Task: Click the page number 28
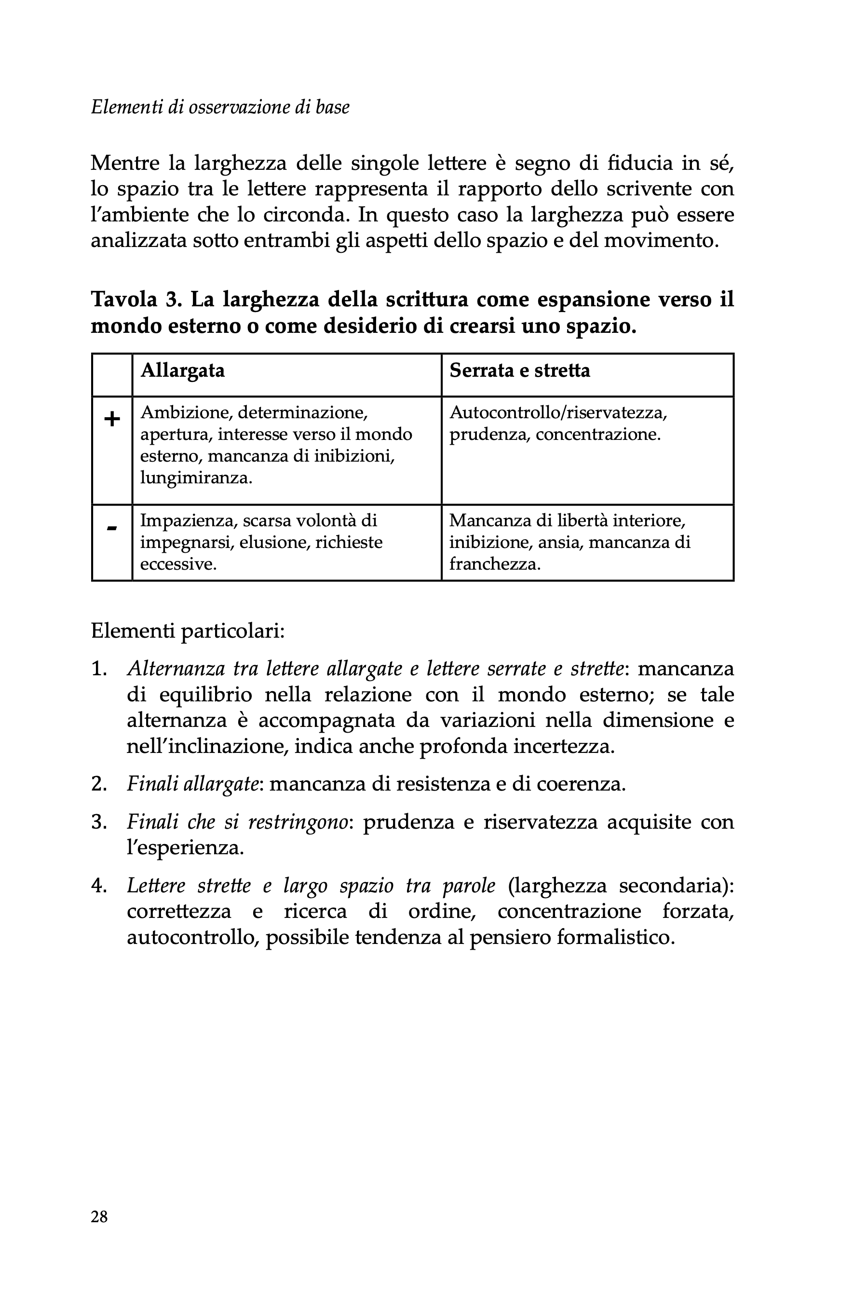click(x=99, y=1216)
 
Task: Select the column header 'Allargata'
click(x=183, y=370)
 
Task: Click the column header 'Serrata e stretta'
click(x=519, y=370)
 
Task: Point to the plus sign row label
click(x=112, y=420)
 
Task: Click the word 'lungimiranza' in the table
click(x=195, y=478)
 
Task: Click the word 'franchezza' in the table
click(x=494, y=564)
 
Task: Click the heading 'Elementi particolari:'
click(x=188, y=631)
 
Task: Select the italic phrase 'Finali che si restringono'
click(x=238, y=822)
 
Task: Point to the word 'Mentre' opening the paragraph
click(x=125, y=164)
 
